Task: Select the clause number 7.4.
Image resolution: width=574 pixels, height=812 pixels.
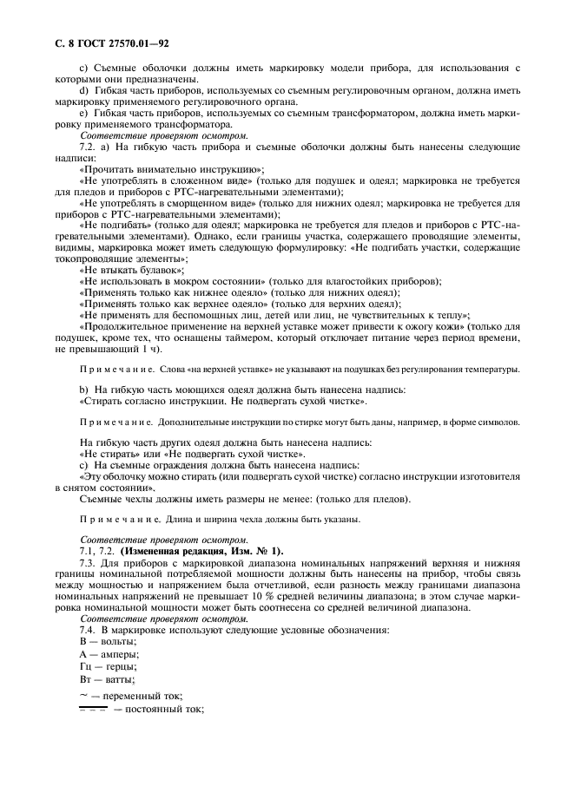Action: [x=89, y=630]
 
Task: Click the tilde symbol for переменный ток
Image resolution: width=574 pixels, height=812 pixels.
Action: [x=83, y=695]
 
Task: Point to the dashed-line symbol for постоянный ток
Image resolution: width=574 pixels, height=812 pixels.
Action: [x=92, y=709]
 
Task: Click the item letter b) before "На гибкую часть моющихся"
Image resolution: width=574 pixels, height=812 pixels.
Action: [x=83, y=390]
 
